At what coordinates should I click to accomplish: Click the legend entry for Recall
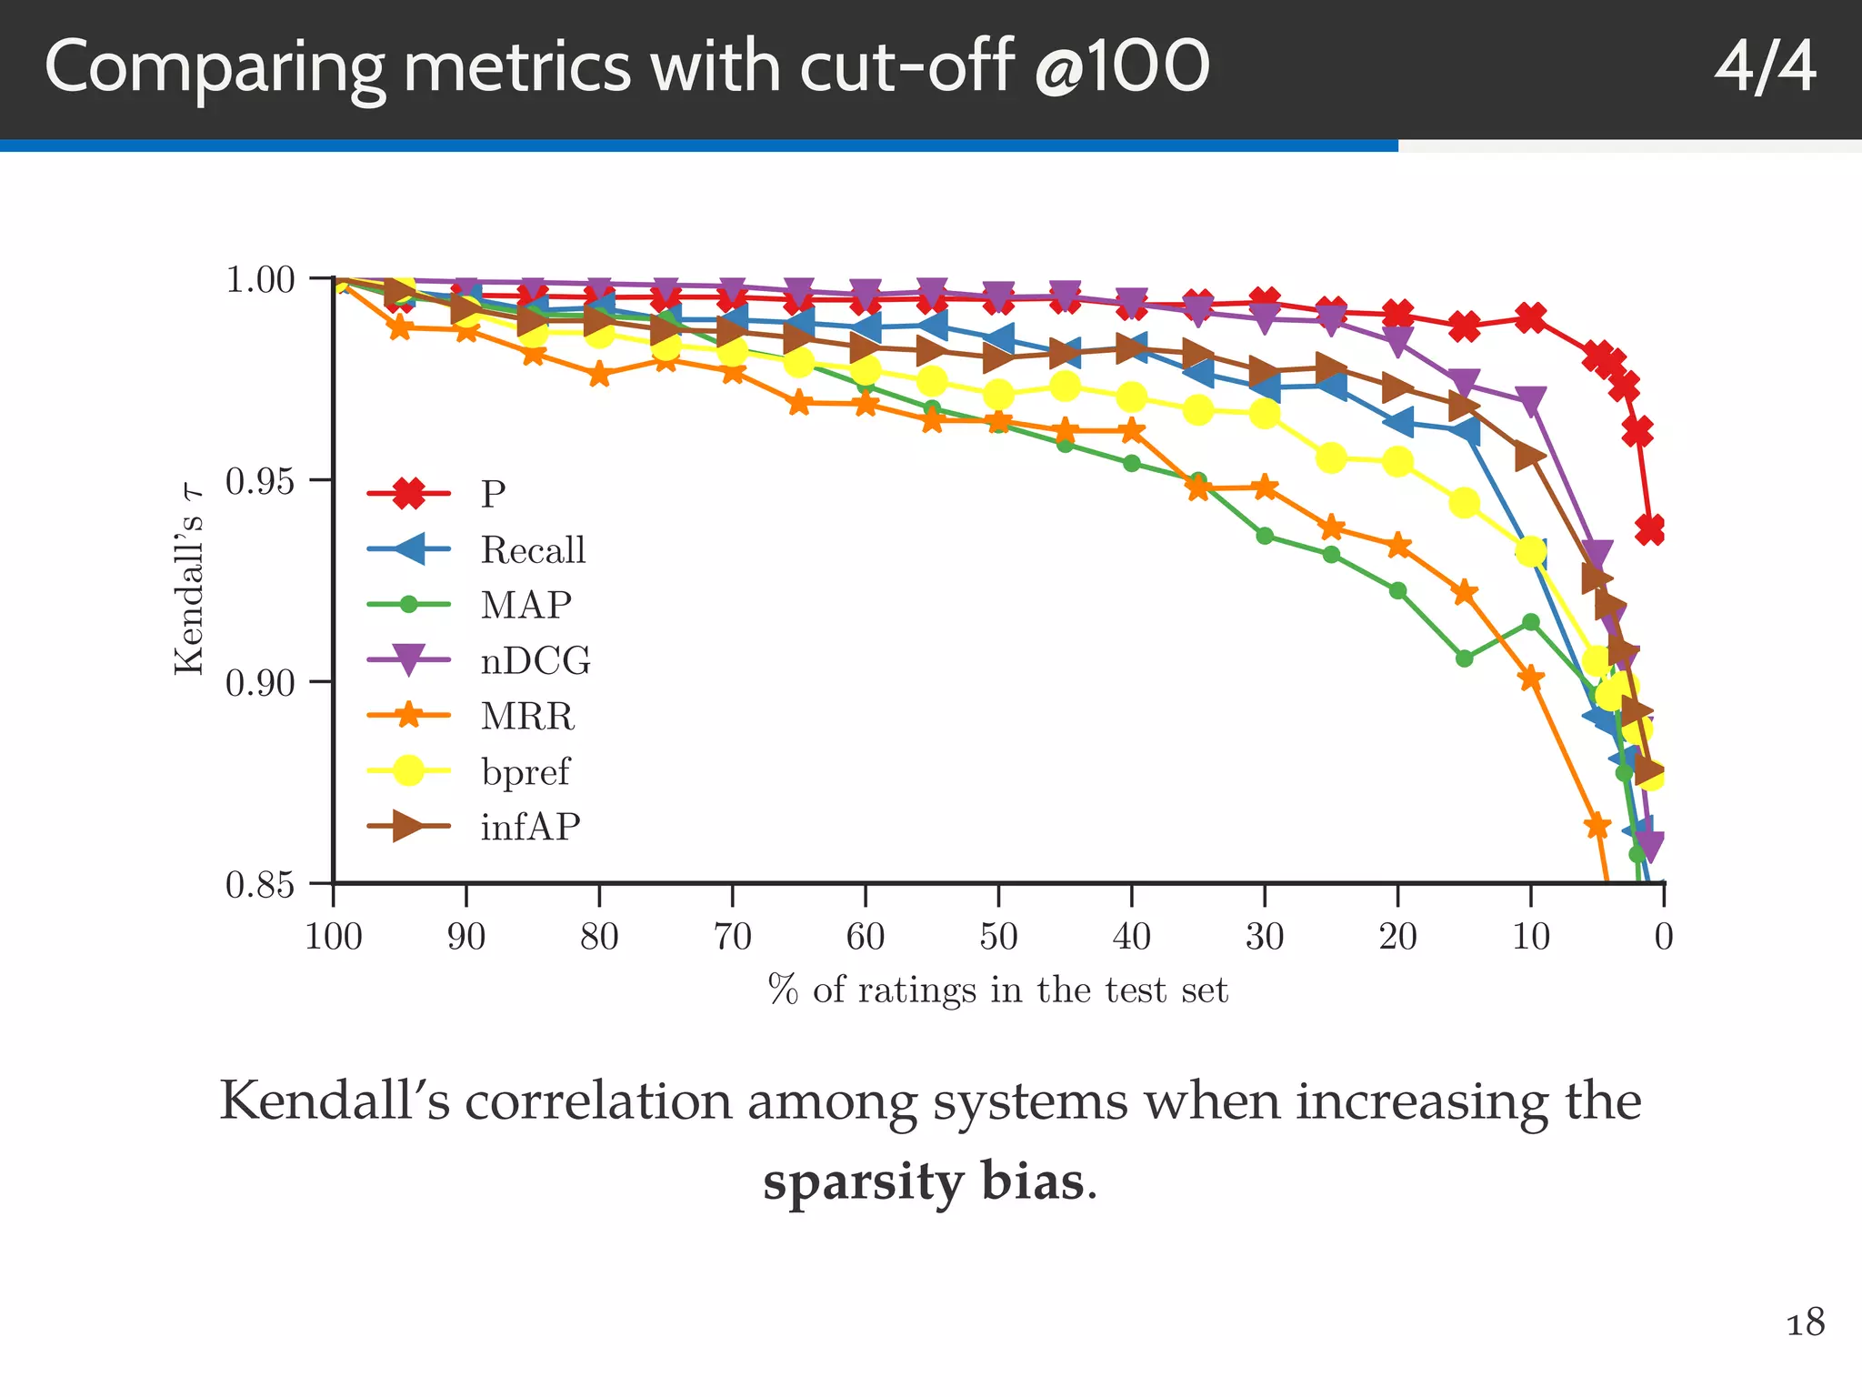532,550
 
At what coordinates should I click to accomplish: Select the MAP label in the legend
526,606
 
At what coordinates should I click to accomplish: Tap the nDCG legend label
535,661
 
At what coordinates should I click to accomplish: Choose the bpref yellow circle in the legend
409,771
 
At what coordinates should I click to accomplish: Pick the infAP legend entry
529,827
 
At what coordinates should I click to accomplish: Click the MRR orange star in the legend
409,716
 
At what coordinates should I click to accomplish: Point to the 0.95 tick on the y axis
260,481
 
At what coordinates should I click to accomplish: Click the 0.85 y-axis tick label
260,884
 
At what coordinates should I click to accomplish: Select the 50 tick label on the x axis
998,936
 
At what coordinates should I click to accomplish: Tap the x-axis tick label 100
334,936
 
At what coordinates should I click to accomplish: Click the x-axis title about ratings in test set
997,990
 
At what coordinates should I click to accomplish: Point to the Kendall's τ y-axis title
188,581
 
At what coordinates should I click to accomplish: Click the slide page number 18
1805,1322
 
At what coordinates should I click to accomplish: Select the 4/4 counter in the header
1764,68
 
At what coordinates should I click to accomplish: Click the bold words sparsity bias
923,1181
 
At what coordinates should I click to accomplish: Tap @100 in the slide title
1121,68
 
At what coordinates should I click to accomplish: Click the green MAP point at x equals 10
1531,622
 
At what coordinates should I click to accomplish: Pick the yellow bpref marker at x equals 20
1397,462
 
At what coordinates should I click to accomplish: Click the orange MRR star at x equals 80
599,375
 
